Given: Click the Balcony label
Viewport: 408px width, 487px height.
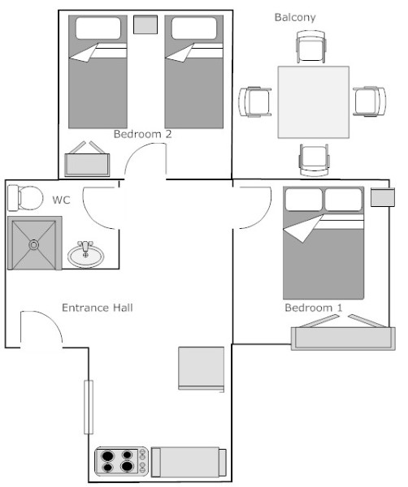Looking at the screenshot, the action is coord(295,17).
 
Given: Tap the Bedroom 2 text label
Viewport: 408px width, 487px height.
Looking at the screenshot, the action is coord(143,134).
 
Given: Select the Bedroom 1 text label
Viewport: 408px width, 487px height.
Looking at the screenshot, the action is coord(314,308).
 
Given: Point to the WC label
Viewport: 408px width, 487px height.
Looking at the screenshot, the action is coord(61,200).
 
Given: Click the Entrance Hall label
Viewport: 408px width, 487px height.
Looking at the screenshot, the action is coord(98,308).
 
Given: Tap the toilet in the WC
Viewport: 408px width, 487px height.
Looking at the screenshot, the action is coord(25,198).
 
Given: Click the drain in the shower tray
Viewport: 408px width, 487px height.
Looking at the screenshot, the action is coord(33,245).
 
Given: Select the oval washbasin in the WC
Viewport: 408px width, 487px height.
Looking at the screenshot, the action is coord(86,254).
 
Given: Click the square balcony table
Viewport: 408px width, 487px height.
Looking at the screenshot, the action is coord(314,102).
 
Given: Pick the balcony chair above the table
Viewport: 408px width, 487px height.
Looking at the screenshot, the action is coord(311,46).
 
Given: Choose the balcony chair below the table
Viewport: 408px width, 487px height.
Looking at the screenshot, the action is coord(314,160).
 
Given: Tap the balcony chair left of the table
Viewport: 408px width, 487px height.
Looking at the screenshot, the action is coord(255,102).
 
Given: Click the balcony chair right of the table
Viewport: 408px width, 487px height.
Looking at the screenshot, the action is coord(370,101).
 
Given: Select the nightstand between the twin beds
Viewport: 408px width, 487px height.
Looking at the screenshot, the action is coord(145,24).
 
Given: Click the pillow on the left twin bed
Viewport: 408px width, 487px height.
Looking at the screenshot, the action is coord(98,28).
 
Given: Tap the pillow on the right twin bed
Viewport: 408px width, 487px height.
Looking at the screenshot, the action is coord(194,28).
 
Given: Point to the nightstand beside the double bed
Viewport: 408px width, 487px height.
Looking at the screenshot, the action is coord(383,197).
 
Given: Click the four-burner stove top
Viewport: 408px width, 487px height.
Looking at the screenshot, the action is coord(122,461).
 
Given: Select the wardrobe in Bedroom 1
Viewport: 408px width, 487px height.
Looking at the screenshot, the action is coord(343,338).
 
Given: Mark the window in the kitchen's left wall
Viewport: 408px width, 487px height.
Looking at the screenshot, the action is coord(89,407).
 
